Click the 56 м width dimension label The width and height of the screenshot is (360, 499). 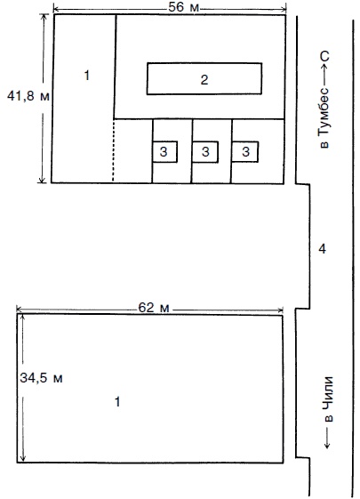coord(183,7)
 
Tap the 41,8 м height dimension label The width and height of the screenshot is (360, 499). coord(28,96)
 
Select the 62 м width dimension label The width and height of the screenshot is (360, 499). coord(154,308)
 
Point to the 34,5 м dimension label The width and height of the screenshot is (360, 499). coord(41,378)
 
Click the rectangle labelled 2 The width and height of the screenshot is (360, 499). coord(204,78)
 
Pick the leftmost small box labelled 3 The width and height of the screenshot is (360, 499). coord(164,152)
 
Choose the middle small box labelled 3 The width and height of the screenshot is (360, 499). coord(205,152)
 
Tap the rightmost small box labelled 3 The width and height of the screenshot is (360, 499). coord(244,152)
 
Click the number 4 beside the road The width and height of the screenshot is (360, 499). coord(322,249)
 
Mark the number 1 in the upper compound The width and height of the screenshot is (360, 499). coord(86,76)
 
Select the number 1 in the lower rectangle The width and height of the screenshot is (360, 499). coord(117,402)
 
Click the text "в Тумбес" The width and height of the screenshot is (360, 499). coord(324,117)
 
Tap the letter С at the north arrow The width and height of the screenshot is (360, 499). coord(324,56)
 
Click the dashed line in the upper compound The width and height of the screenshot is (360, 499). coord(113,150)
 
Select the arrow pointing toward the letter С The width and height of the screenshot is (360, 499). coord(324,74)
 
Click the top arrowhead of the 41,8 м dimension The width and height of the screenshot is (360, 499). coord(44,16)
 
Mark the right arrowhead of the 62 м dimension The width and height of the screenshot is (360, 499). coord(280,310)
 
